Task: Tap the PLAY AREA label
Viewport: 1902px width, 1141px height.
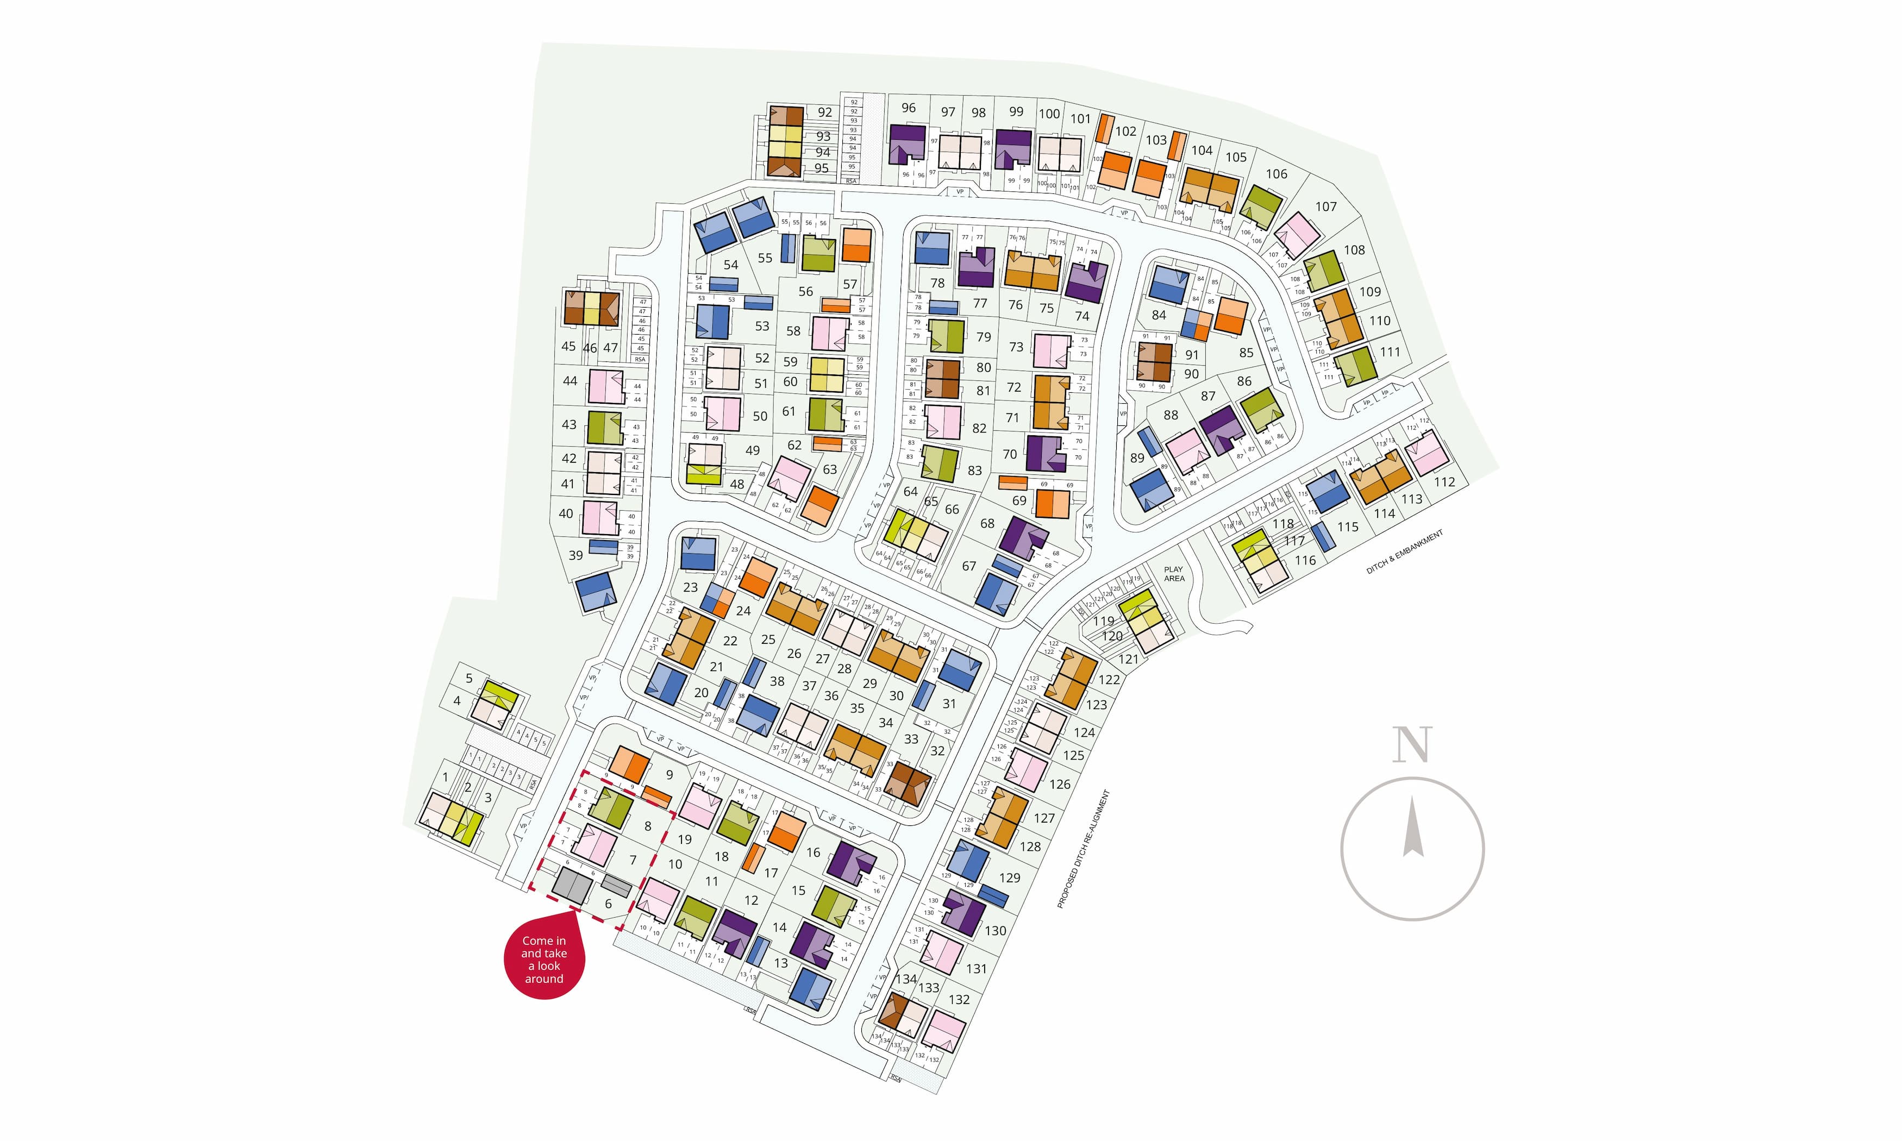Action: pos(1173,574)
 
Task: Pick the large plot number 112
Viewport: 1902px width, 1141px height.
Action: pos(1444,482)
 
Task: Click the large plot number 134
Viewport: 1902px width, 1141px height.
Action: pos(906,979)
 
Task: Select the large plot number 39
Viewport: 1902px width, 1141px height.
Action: pos(576,555)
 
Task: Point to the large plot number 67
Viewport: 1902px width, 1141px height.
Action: pos(969,566)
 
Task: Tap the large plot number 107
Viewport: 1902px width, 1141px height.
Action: pos(1325,207)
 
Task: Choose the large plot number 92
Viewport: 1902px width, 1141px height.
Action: pos(825,112)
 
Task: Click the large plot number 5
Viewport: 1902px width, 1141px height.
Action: pos(469,678)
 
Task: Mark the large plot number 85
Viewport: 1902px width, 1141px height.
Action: pos(1246,353)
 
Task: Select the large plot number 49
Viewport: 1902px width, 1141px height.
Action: pos(752,450)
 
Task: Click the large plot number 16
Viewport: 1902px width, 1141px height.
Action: pos(814,852)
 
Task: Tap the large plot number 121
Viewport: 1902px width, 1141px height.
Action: pos(1128,659)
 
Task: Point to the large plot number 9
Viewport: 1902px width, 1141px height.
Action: pos(670,775)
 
